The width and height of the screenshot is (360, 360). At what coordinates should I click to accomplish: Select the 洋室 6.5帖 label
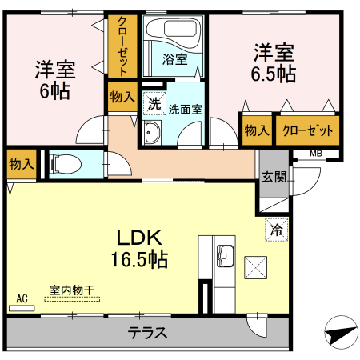[x=274, y=64]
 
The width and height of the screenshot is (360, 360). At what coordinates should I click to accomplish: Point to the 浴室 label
[x=174, y=59]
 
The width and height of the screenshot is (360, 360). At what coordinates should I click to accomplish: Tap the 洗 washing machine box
[x=153, y=102]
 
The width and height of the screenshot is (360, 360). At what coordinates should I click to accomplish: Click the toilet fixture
[x=66, y=165]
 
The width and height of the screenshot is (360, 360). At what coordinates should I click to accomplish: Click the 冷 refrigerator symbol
[x=276, y=230]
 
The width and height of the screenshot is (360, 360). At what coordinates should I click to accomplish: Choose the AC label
[x=22, y=298]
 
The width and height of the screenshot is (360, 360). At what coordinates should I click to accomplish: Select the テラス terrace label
[x=148, y=333]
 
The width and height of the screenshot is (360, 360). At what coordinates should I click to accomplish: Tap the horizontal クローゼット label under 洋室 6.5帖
[x=307, y=130]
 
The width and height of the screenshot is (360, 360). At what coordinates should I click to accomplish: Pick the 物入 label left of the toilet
[x=20, y=164]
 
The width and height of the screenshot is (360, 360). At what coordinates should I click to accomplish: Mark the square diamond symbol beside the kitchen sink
[x=255, y=264]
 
